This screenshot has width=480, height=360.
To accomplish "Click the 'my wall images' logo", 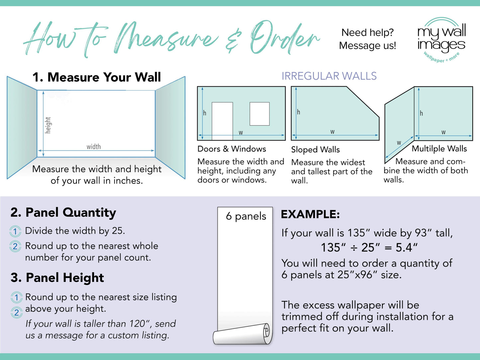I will (441, 39).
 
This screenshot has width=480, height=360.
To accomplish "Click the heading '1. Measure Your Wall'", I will (97, 77).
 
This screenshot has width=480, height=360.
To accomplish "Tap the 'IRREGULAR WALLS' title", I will (329, 76).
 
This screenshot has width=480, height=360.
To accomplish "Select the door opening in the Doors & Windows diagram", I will (222, 120).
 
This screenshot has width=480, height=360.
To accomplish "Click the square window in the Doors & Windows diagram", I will (259, 114).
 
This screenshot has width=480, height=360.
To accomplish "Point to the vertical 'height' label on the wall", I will (48, 125).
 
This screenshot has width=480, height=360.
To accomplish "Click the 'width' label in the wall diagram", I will (94, 146).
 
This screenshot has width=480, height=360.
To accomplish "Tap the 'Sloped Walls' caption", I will (315, 149).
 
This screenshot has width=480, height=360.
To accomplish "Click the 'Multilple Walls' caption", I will (439, 149).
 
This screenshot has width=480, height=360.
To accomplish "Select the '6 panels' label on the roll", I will (246, 216).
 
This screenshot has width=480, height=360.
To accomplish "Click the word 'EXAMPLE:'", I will (310, 215).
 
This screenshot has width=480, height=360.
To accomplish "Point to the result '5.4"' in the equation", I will (407, 247).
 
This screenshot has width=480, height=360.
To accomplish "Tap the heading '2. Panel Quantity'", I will (63, 213).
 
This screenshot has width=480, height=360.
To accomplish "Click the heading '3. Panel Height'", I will (57, 278).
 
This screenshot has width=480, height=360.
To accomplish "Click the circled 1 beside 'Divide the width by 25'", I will (15, 231).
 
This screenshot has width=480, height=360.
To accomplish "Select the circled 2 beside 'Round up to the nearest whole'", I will (15, 246).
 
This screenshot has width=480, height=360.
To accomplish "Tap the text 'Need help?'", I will (367, 33).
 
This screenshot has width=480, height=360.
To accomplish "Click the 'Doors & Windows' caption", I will (232, 149).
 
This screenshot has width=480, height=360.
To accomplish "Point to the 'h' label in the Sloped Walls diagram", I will (299, 112).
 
